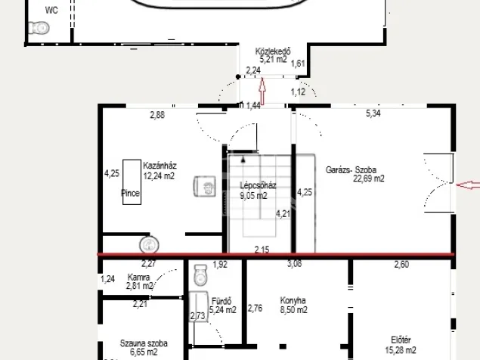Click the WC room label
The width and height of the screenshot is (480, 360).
pos(51,10)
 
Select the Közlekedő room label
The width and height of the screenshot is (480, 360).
pos(273,51)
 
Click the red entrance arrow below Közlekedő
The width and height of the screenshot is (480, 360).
pos(262,91)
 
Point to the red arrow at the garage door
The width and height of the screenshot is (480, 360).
pos(468,185)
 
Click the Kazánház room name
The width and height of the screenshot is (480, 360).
pos(159,166)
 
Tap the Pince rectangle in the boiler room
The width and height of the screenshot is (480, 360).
pos(132,182)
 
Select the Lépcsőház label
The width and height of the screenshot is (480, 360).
pos(258,185)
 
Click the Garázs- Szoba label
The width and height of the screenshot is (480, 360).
pos(351,169)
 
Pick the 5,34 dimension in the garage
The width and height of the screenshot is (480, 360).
pos(373,113)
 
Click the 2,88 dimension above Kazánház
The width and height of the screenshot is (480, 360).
pos(157,115)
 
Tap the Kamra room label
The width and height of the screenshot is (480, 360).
pos(138,278)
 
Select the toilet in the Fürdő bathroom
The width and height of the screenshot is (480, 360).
pos(200,275)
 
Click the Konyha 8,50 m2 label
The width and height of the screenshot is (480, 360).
pos(293,305)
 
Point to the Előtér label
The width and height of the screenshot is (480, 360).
pos(401,340)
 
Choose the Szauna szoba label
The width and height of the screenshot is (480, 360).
pos(144,343)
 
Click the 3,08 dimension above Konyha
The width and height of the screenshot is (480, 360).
pos(295,264)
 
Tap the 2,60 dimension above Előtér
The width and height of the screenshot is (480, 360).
pos(401,264)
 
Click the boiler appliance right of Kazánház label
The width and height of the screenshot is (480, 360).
pos(205,186)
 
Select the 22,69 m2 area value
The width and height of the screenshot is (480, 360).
pos(369,178)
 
